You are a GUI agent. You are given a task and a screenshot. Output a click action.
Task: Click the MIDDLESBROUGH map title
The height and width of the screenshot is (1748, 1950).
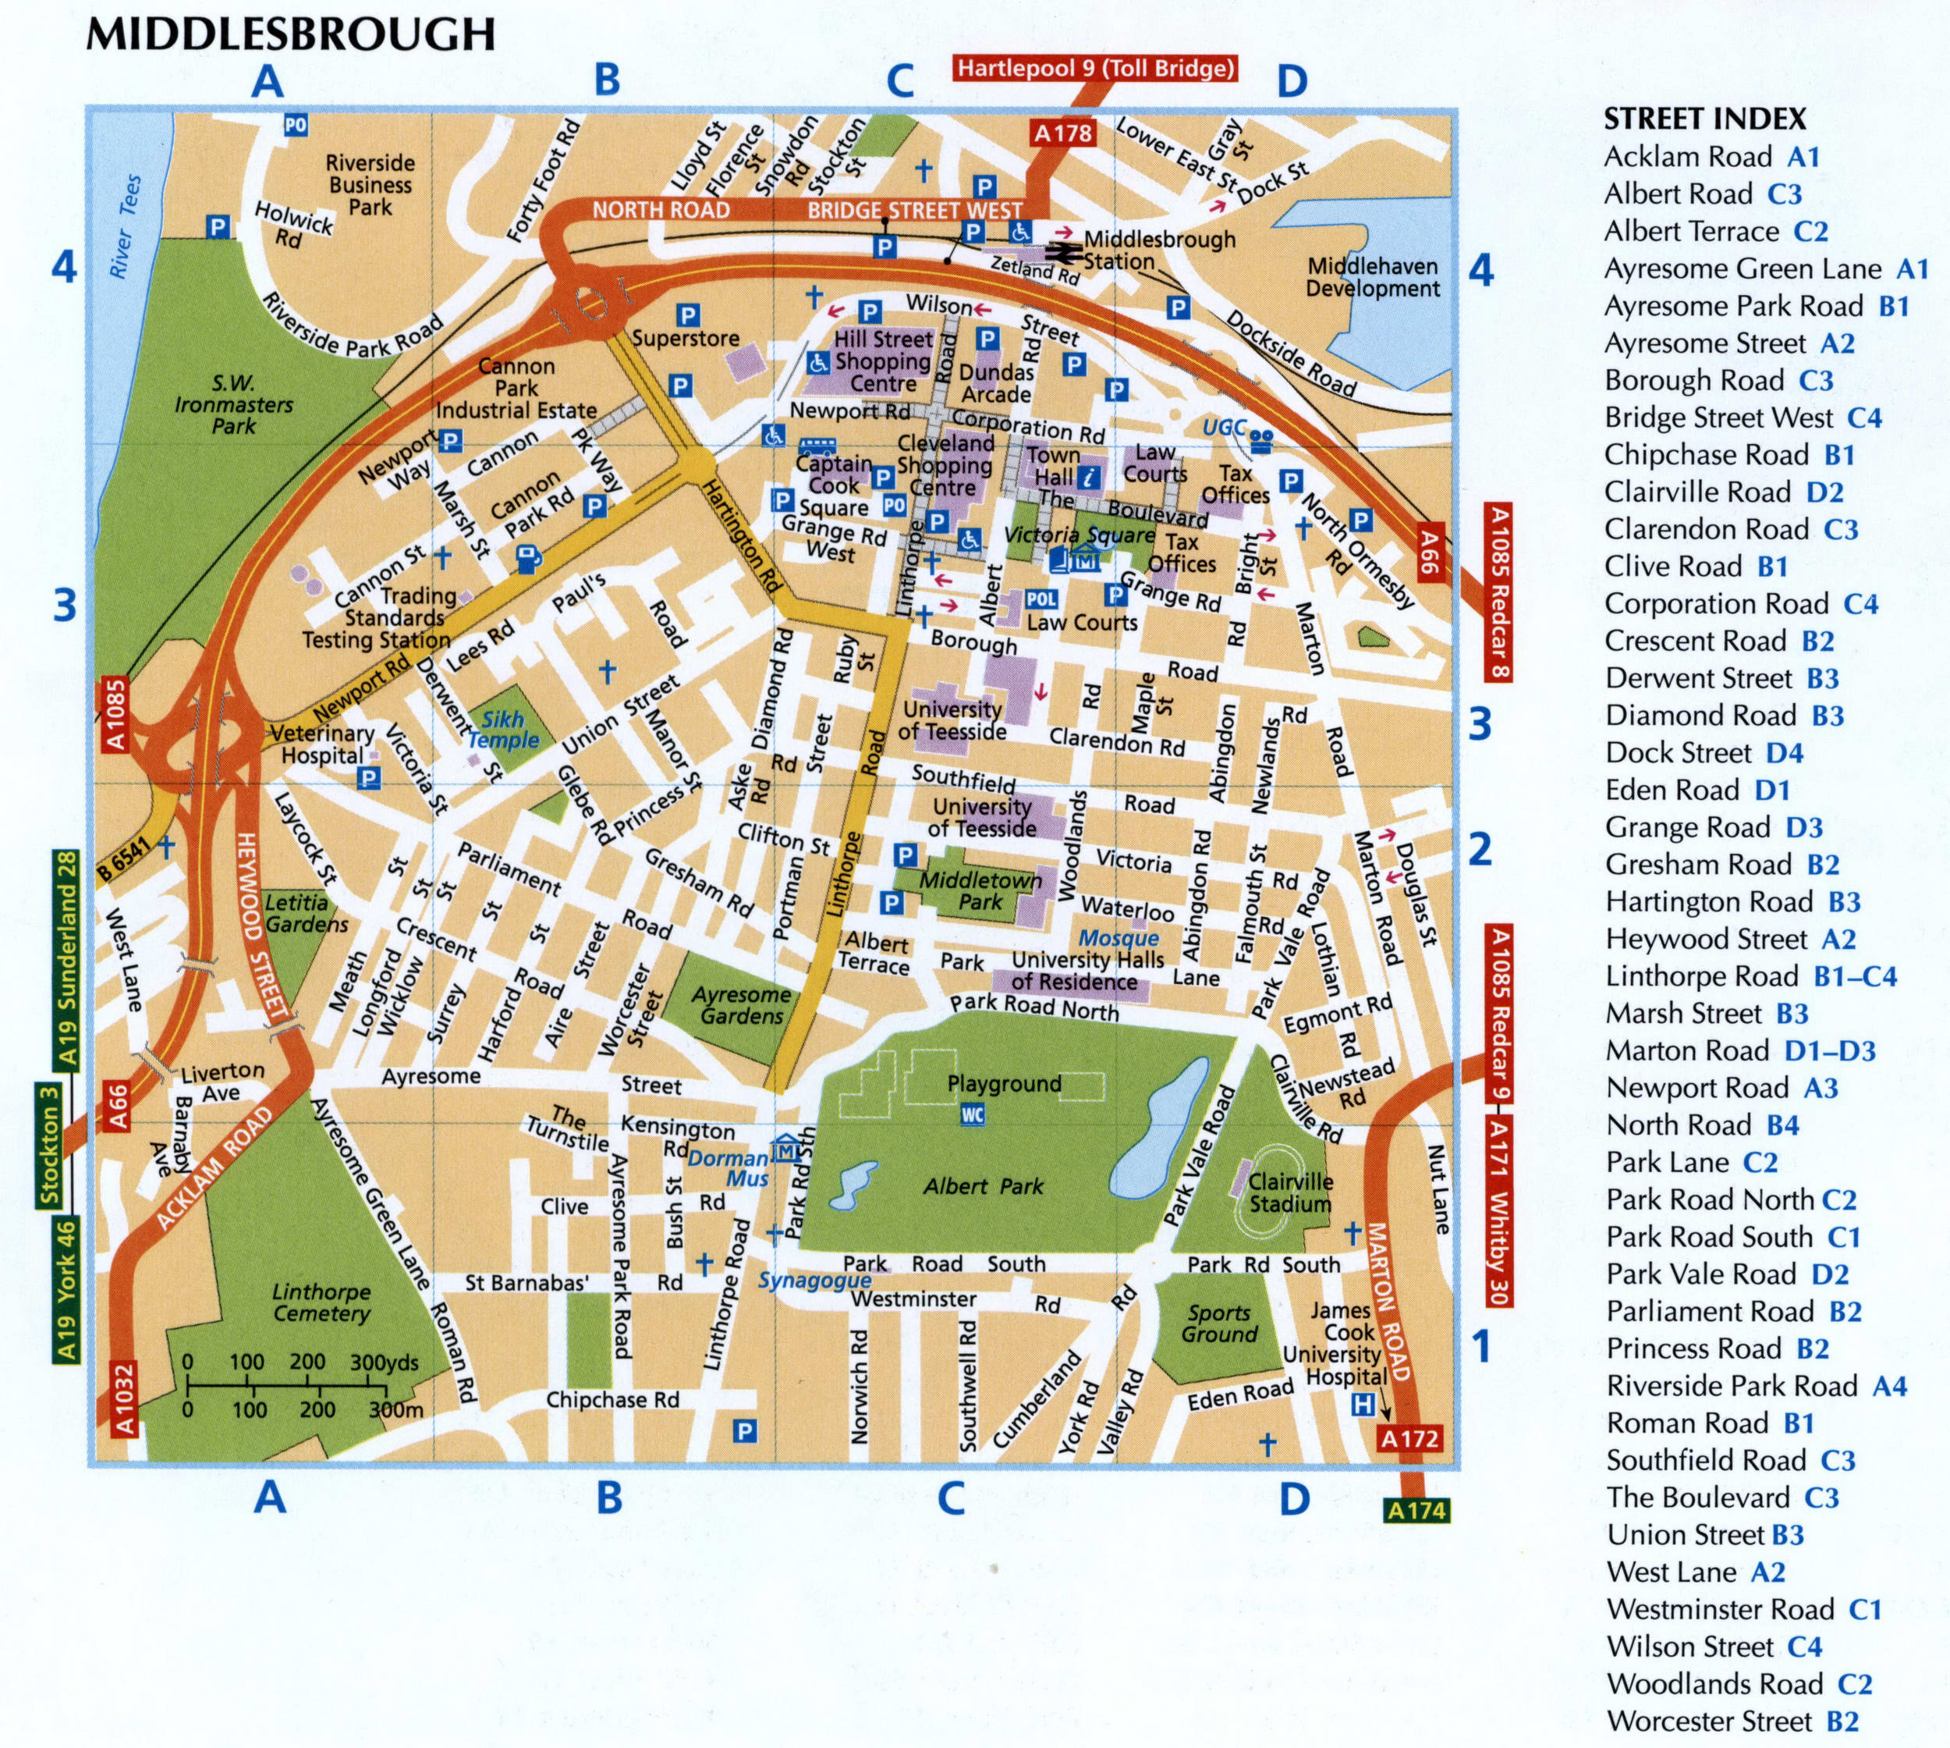[x=290, y=34]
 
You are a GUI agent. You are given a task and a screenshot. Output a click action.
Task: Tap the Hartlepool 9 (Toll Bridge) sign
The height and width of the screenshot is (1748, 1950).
[x=1094, y=68]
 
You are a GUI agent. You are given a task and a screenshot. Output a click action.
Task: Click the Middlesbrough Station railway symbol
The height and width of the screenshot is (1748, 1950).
[x=1063, y=251]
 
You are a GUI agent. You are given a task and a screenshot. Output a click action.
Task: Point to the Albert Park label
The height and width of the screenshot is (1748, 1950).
[x=982, y=1187]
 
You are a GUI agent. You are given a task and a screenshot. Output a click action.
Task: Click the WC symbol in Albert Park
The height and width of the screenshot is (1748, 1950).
[x=973, y=1115]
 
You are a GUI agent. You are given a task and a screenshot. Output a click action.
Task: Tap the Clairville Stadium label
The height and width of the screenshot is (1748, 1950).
[x=1289, y=1193]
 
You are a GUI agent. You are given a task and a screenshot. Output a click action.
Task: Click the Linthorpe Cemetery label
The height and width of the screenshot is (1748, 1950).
[x=321, y=1302]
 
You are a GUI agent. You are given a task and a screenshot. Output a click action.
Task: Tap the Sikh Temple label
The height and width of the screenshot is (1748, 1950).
[x=503, y=730]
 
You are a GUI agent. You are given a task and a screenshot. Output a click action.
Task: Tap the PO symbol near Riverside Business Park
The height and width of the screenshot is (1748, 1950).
[x=295, y=125]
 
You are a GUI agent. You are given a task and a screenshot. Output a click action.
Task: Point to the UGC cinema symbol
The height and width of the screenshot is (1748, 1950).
[x=1261, y=441]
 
